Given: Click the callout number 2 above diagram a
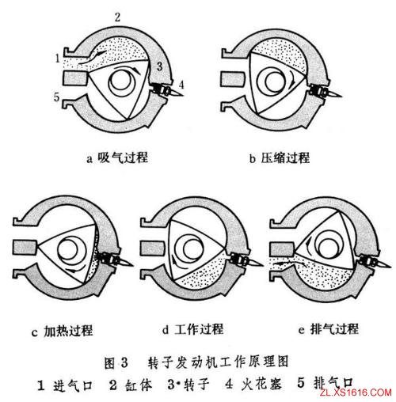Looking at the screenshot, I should tap(116, 16).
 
